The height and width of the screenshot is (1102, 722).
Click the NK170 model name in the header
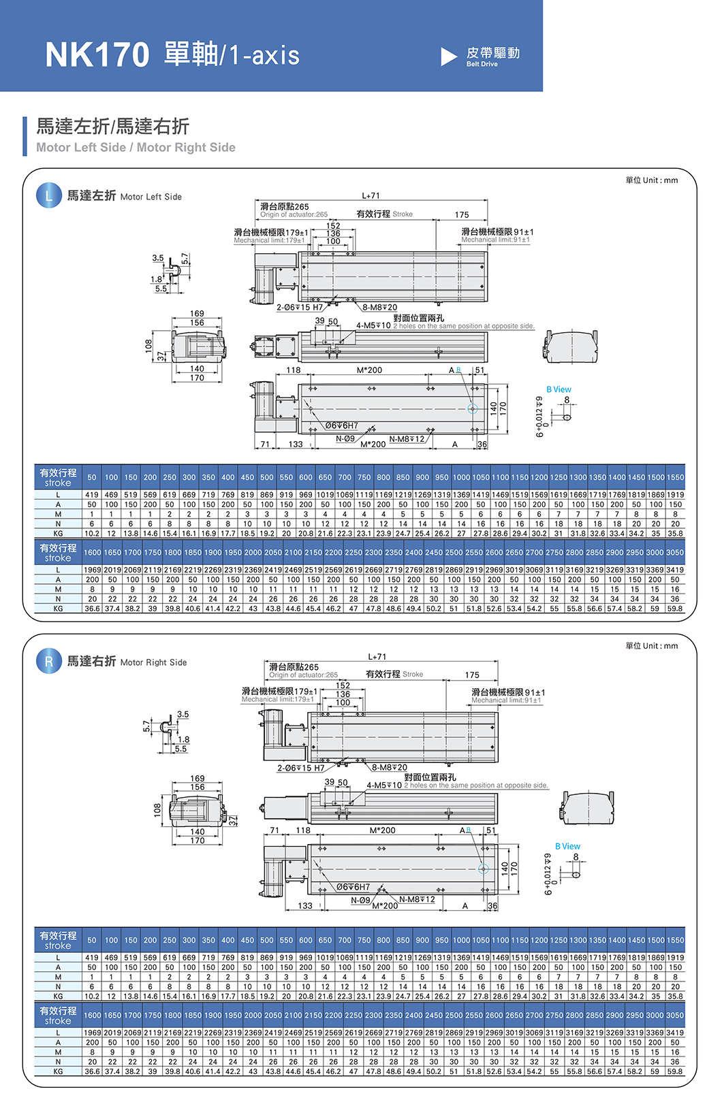[x=97, y=54]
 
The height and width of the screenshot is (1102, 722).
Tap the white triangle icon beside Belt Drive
[x=448, y=56]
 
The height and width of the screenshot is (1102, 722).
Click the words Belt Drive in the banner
[x=482, y=64]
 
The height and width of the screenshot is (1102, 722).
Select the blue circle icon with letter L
[x=48, y=196]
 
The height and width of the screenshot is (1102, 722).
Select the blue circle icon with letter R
[x=48, y=661]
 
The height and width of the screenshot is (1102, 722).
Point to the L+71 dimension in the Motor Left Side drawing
[x=371, y=196]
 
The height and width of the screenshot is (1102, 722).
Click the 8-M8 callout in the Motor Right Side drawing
[x=390, y=767]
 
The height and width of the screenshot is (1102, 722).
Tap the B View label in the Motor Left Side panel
[x=559, y=389]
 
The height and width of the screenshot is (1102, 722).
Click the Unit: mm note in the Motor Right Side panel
[x=651, y=645]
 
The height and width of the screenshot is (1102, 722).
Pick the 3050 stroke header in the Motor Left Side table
[x=674, y=553]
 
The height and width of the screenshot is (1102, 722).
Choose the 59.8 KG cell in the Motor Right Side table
[x=674, y=1071]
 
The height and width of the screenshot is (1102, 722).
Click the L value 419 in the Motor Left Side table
[x=92, y=495]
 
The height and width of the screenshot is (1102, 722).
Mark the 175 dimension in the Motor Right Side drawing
[x=472, y=675]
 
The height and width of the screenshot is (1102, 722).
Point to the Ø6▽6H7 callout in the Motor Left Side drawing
[x=341, y=425]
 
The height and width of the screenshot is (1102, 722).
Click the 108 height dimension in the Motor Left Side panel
[x=148, y=346]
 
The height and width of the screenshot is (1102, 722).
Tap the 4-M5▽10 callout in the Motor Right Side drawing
[x=384, y=785]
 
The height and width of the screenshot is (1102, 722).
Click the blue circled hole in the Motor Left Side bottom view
[x=472, y=408]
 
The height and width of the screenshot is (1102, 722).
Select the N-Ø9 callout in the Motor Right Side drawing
[x=360, y=901]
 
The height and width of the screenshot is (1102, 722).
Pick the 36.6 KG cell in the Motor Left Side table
[x=92, y=609]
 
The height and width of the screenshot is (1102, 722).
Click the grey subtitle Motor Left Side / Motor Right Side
[x=136, y=148]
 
